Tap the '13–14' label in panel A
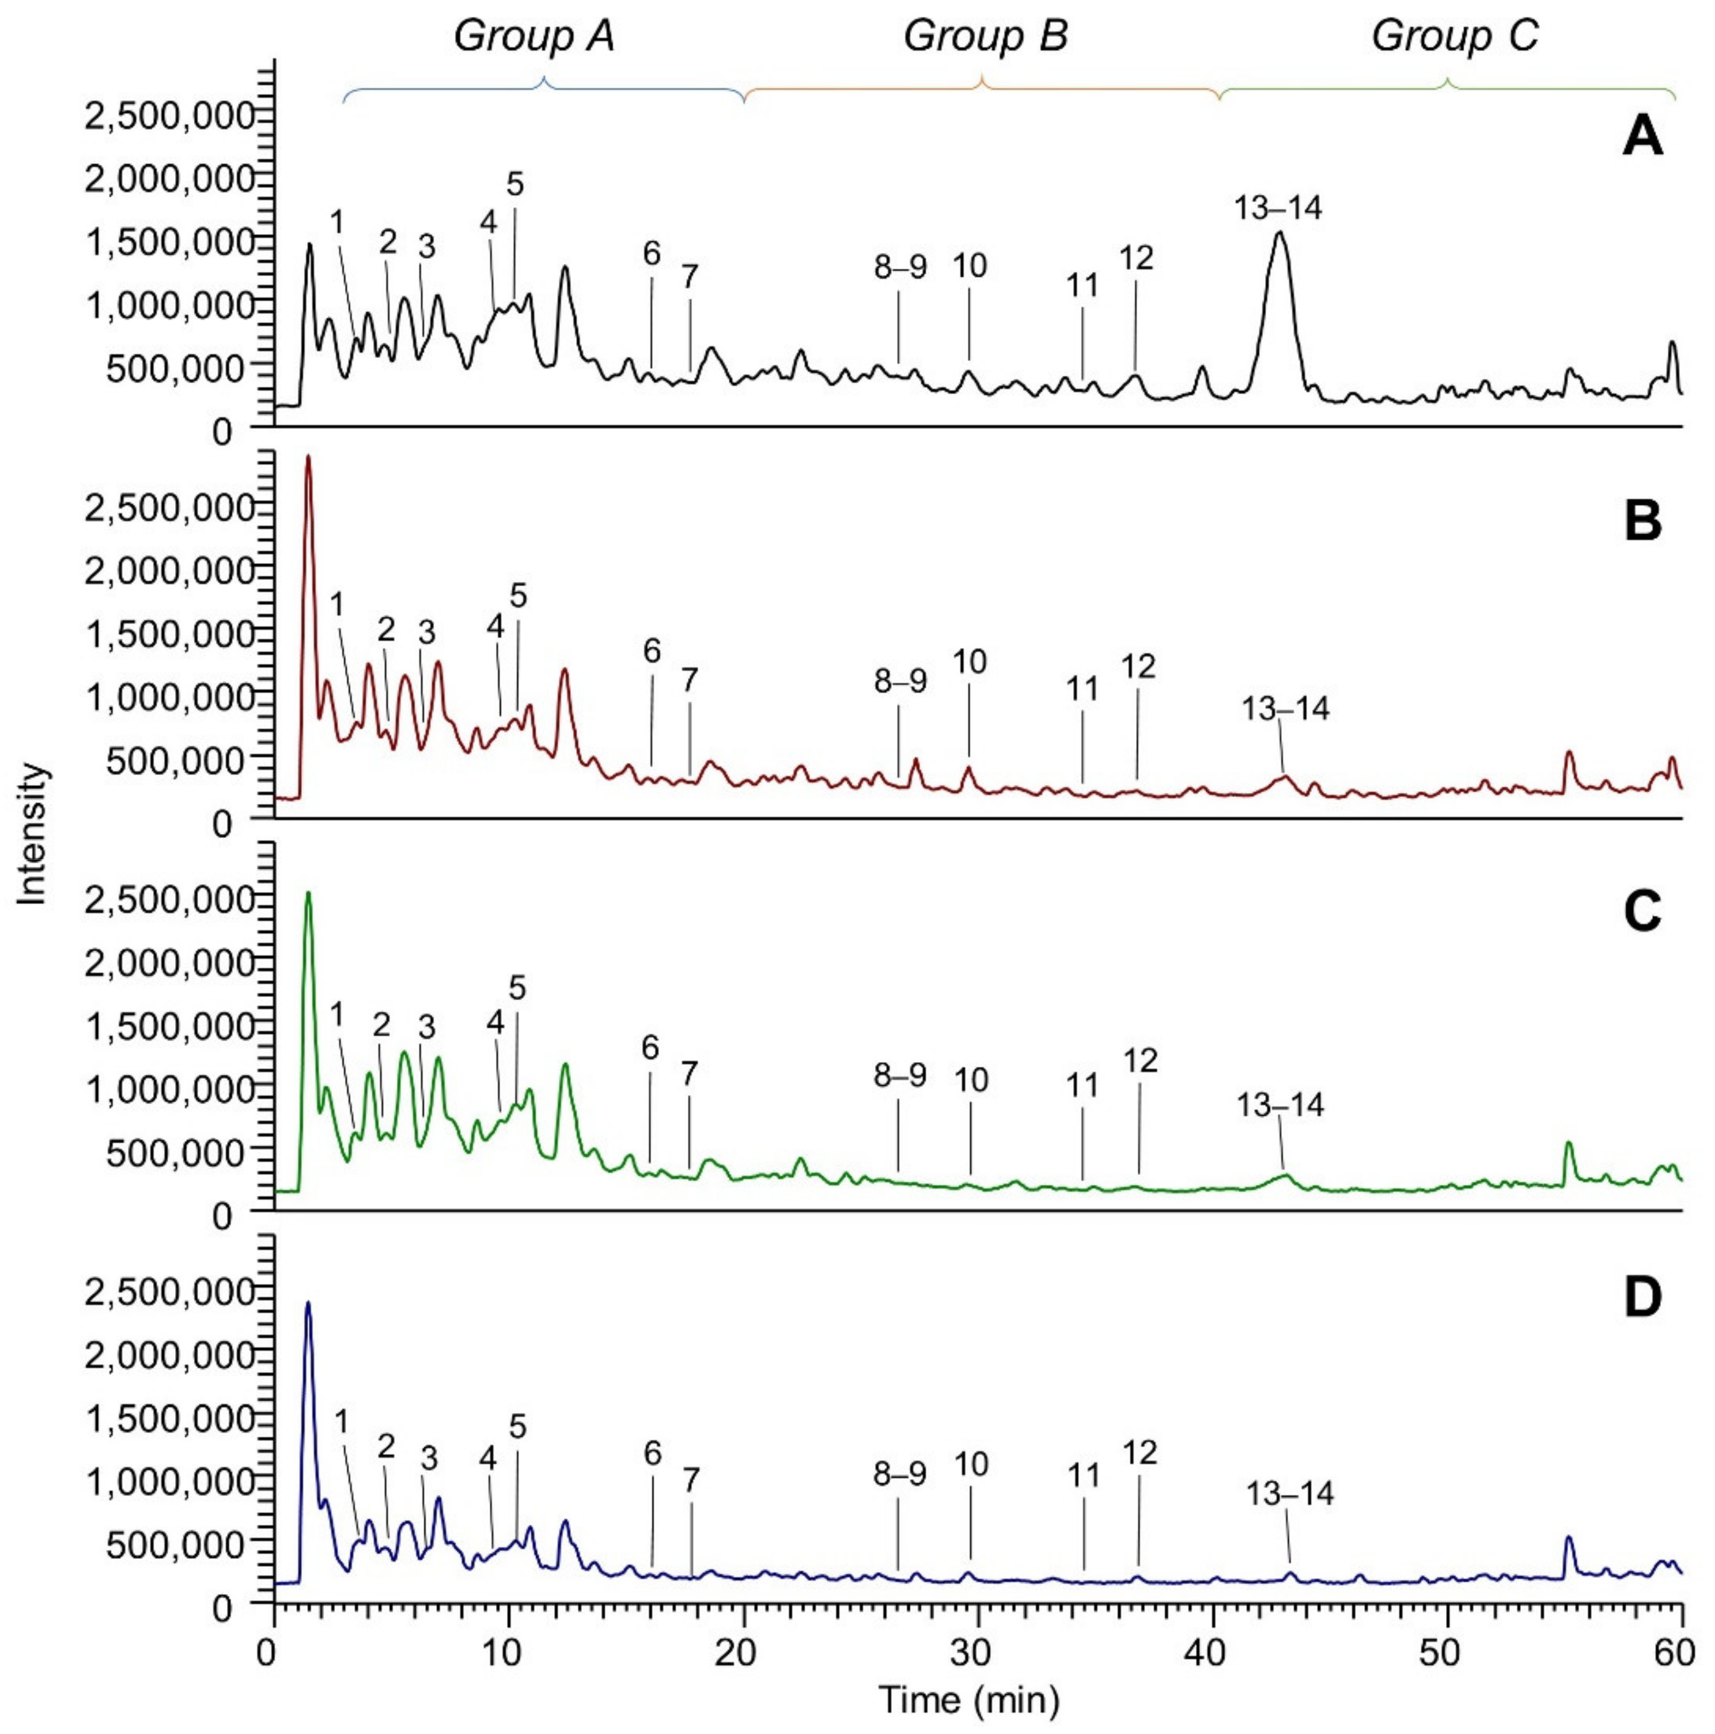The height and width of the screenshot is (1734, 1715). point(1277,208)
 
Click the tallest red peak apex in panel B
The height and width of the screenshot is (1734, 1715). point(308,457)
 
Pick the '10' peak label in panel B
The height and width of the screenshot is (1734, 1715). point(969,662)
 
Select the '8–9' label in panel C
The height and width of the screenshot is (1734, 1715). point(899,1076)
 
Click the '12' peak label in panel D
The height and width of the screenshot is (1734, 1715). point(1139,1451)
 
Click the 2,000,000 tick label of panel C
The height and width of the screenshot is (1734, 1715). point(171,963)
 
